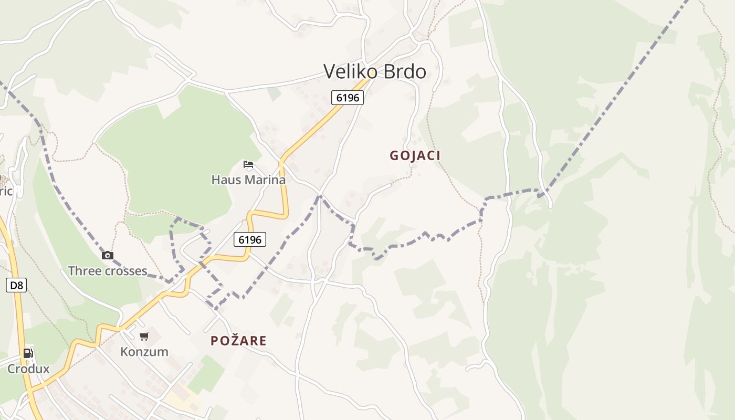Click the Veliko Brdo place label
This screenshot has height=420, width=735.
pos(374,71)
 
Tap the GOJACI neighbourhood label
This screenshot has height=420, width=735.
pos(415,155)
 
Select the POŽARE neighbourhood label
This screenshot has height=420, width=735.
pos(238,341)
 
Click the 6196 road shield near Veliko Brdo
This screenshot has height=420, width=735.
pos(347,97)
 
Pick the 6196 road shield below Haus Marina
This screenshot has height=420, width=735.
pos(249,239)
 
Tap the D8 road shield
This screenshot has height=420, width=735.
pos(16,285)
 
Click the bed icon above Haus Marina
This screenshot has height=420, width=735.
pos(248,165)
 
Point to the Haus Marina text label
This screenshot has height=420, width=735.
pos(248,180)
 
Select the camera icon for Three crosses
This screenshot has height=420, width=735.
pos(108,256)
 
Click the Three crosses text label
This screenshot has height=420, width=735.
pos(108,271)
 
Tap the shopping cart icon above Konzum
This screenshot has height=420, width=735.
pos(144,336)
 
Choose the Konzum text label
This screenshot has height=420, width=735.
pos(144,351)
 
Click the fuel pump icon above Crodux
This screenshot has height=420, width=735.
pos(28,353)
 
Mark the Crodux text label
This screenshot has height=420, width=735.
pos(28,369)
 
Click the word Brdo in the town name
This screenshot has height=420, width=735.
pos(405,71)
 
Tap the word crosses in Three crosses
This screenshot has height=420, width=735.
pos(125,271)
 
